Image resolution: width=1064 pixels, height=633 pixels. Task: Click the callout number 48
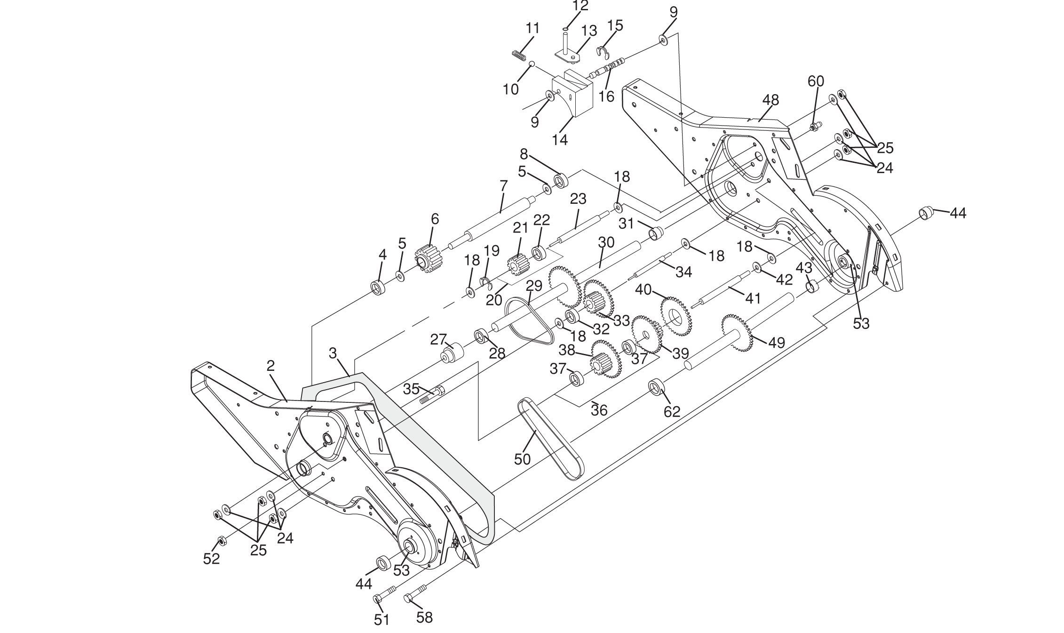point(770,100)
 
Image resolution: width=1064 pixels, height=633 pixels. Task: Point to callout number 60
point(816,81)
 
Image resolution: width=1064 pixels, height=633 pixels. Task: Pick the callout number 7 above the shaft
point(504,185)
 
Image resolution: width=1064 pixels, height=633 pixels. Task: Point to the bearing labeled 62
point(654,387)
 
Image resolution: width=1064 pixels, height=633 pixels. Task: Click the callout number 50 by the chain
point(522,459)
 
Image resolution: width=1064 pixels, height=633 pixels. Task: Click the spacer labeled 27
point(452,353)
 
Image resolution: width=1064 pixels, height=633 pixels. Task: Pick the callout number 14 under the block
point(560,140)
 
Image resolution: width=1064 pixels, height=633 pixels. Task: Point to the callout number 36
point(599,410)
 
